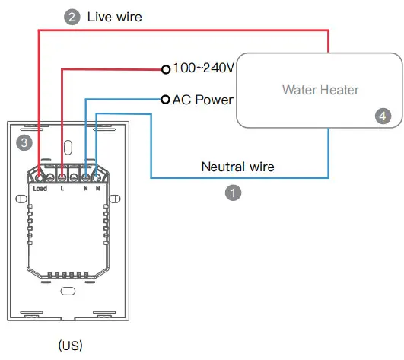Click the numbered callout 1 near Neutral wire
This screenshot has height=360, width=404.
[x=235, y=193]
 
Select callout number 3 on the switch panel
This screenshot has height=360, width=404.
[x=24, y=142]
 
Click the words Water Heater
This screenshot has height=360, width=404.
[x=320, y=90]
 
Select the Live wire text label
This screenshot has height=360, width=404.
[x=115, y=17]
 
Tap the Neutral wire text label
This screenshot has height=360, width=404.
[x=237, y=166]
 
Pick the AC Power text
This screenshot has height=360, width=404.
[x=203, y=100]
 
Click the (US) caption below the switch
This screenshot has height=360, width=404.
[x=70, y=345]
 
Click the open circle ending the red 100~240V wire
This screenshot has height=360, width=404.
[x=165, y=69]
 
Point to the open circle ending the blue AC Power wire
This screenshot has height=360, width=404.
[x=165, y=100]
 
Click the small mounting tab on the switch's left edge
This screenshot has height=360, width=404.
[x=21, y=198]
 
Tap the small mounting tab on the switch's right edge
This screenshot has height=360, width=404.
[x=114, y=198]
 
